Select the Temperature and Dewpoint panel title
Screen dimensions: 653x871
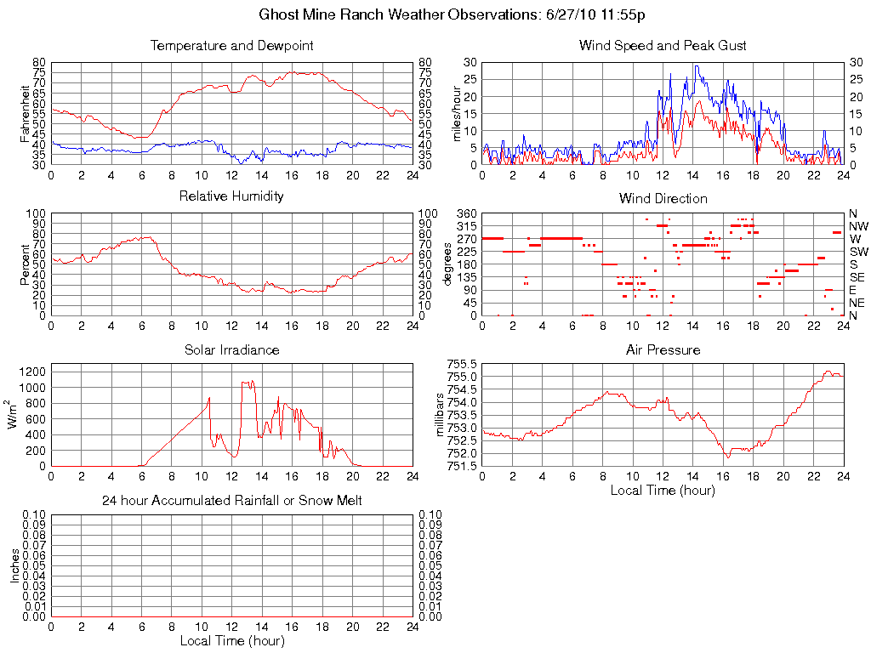click(x=231, y=45)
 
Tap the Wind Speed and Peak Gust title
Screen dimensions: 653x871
click(x=663, y=45)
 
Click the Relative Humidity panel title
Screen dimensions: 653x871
click(x=231, y=196)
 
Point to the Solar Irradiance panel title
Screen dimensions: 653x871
click(x=231, y=349)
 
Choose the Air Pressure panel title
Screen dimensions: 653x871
click(x=663, y=349)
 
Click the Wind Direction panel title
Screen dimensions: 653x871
click(x=663, y=198)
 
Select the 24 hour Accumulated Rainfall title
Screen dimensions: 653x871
click(x=231, y=501)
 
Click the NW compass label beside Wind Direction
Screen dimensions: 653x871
click(x=858, y=226)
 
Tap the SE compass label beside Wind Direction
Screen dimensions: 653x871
click(x=857, y=277)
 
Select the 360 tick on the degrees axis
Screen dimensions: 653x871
click(x=466, y=213)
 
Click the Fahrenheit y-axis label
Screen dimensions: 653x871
click(x=25, y=113)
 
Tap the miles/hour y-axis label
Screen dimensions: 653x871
click(x=457, y=113)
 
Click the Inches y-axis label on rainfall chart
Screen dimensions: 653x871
click(x=14, y=565)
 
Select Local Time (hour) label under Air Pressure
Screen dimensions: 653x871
click(x=663, y=490)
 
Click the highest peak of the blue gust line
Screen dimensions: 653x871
click(x=696, y=65)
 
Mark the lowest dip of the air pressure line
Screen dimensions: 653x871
click(x=728, y=457)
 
